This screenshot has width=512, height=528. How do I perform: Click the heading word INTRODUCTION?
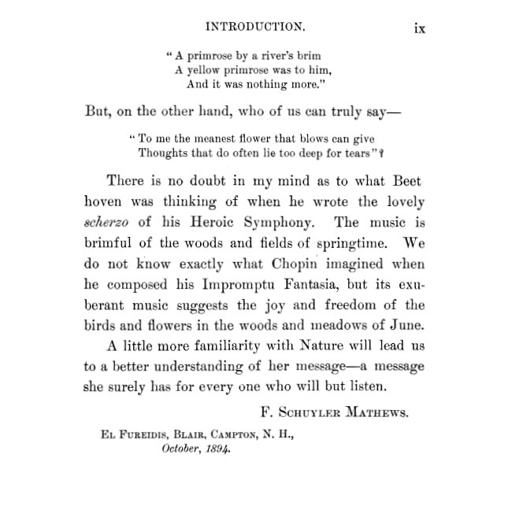coord(255,27)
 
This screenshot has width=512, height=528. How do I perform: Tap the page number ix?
coord(420,28)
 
